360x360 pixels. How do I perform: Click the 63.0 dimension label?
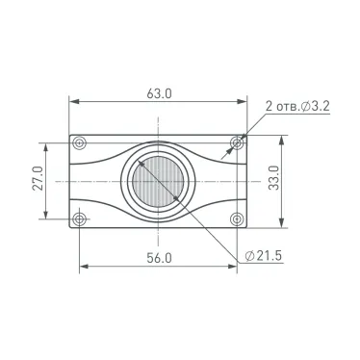(x=159, y=93)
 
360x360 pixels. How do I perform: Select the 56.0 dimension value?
(x=159, y=258)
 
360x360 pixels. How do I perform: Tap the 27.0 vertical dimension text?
(x=38, y=178)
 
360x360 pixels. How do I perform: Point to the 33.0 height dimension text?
(x=273, y=178)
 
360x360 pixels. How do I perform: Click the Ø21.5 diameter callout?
(x=263, y=256)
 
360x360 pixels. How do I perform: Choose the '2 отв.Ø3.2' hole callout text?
(x=297, y=106)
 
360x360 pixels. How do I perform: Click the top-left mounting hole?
(x=79, y=142)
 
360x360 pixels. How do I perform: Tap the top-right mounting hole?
(x=237, y=142)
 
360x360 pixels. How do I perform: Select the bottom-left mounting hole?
(x=79, y=219)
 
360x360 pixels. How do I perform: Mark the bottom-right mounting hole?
(x=237, y=219)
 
